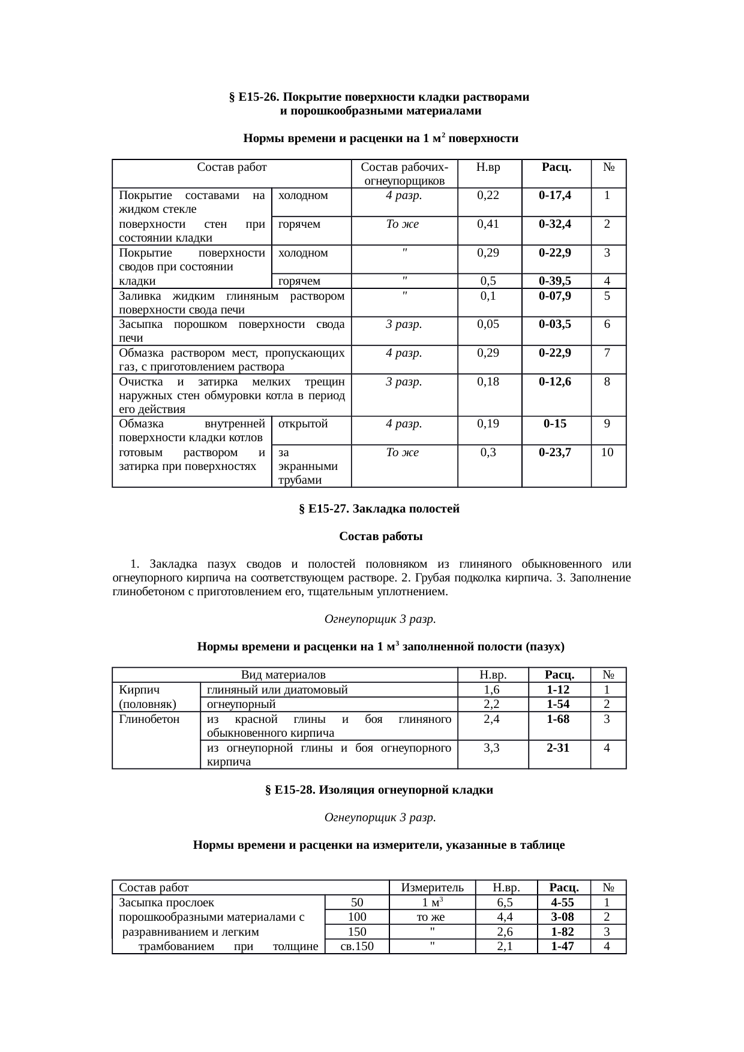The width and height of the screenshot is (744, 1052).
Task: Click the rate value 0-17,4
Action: (x=555, y=195)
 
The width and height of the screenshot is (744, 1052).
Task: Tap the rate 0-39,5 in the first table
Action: (x=555, y=281)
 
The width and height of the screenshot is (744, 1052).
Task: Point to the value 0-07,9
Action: (x=555, y=296)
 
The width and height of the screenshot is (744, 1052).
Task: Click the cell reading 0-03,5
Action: (x=555, y=324)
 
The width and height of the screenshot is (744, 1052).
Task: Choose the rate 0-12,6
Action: (x=555, y=382)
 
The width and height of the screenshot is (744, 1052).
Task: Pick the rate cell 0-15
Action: (x=555, y=424)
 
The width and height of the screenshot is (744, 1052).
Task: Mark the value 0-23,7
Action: (x=555, y=453)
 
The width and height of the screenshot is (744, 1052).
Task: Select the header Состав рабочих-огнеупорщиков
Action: (x=404, y=174)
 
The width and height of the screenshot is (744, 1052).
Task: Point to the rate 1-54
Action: (x=558, y=704)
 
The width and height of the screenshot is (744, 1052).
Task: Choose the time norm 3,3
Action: (x=492, y=747)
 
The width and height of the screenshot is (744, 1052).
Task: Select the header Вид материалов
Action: (x=284, y=675)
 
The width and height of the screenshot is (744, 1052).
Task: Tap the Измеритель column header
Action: (x=432, y=887)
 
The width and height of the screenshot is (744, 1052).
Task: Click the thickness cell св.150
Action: (x=356, y=946)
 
